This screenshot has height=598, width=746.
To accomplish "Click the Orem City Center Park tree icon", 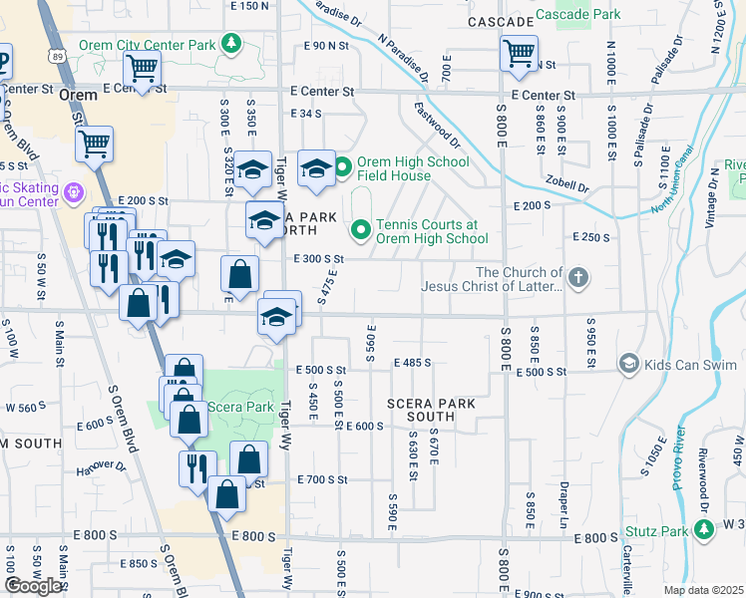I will click(x=231, y=44).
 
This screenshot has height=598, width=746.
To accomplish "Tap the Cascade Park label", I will click(x=577, y=14).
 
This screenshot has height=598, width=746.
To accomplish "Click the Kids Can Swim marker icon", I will click(x=628, y=364).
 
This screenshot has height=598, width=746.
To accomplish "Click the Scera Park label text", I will click(x=240, y=407).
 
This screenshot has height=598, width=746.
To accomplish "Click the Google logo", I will click(x=33, y=585).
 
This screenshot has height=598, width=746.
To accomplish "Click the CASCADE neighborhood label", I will click(x=499, y=21).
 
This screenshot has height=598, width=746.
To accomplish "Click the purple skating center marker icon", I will click(x=73, y=191).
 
